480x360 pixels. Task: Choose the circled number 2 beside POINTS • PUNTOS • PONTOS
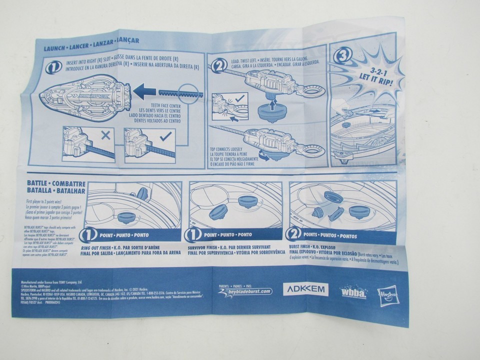pyautogui.click(x=295, y=233)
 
